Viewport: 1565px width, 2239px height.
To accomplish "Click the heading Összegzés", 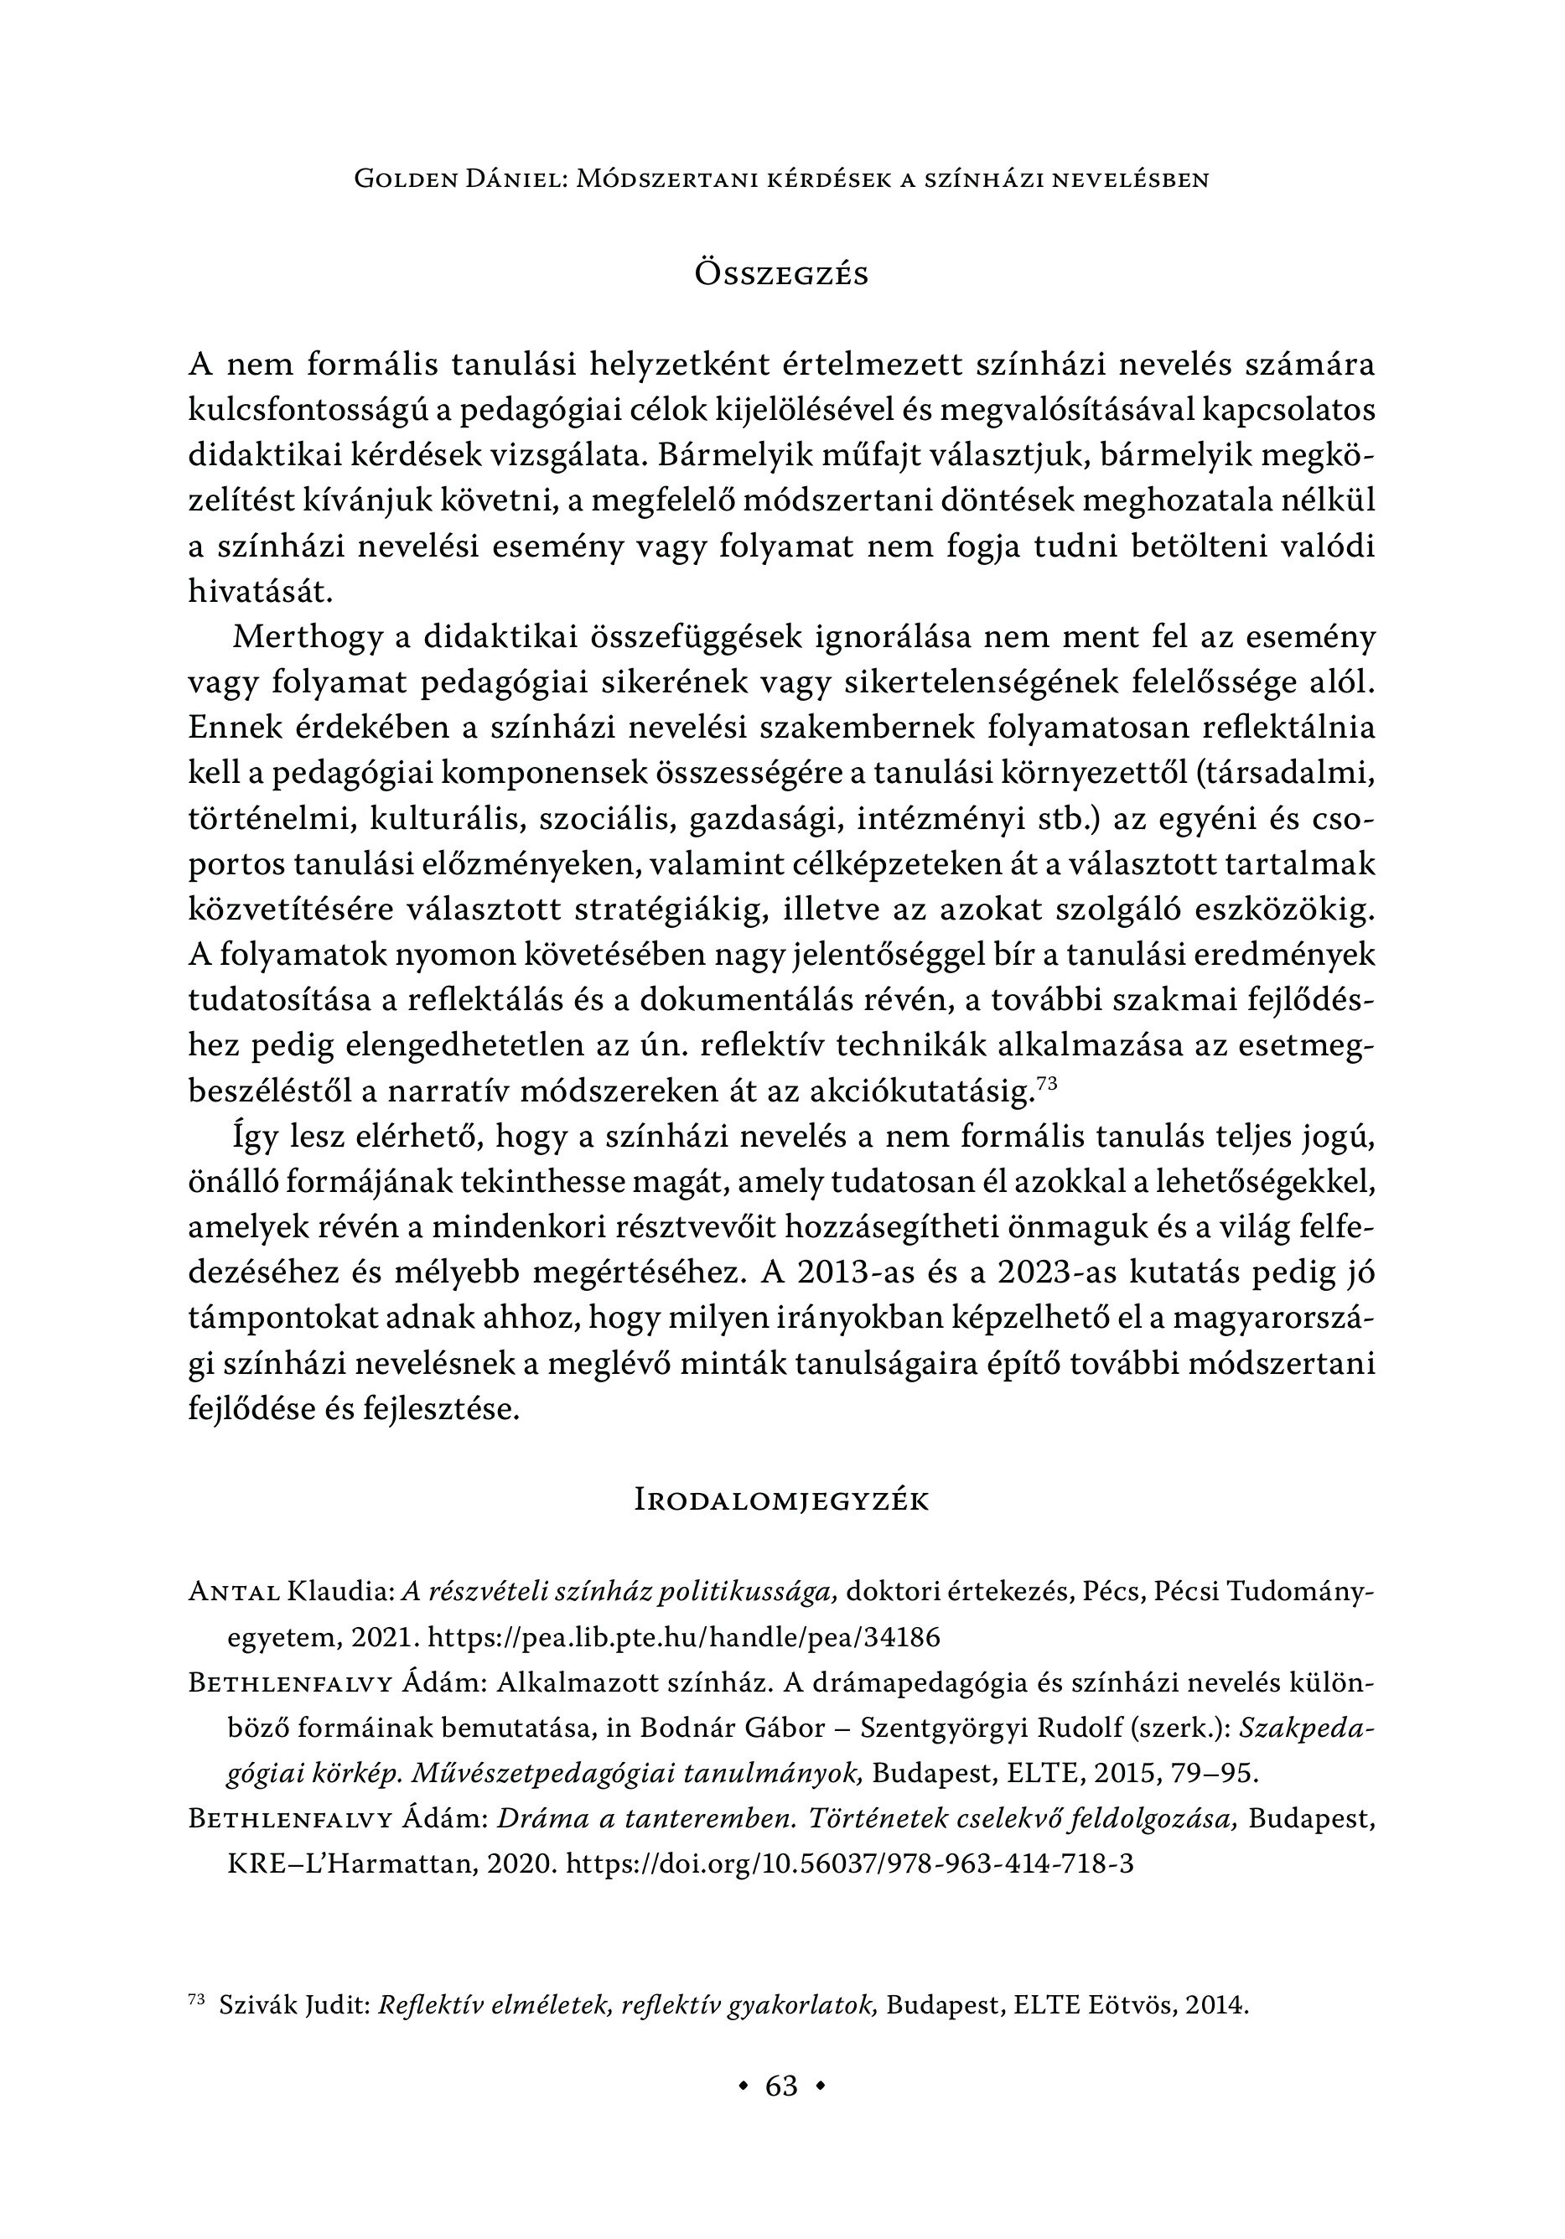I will pos(781,275).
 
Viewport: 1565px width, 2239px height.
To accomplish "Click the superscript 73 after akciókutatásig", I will pos(1045,1081).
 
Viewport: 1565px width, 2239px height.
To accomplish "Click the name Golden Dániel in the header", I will pos(461,179).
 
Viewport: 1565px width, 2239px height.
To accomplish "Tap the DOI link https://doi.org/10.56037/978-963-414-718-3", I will pos(849,1863).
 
